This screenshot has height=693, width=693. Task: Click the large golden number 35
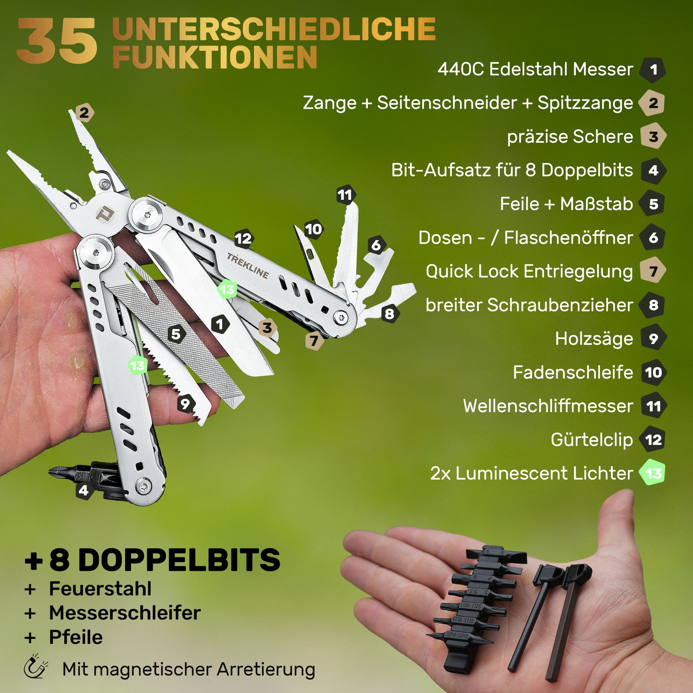[x=57, y=41]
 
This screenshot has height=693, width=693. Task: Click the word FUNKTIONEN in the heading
[x=215, y=57]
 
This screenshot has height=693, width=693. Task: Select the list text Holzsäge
[x=594, y=339]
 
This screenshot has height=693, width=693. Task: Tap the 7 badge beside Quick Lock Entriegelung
[x=653, y=271]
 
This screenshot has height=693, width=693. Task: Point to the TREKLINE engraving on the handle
[x=248, y=265]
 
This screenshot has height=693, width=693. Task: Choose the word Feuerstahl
[x=100, y=589]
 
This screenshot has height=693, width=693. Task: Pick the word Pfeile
[x=76, y=637]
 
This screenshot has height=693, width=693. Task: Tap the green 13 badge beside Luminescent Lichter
[x=653, y=473]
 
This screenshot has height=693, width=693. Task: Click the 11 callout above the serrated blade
[x=345, y=195]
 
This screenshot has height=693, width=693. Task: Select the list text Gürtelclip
[x=592, y=440]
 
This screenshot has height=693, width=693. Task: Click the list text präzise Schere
[x=570, y=137]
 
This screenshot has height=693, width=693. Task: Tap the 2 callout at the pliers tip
[x=84, y=113]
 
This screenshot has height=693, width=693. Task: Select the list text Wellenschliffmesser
[x=548, y=406]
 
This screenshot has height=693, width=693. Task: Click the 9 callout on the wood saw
[x=186, y=404]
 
